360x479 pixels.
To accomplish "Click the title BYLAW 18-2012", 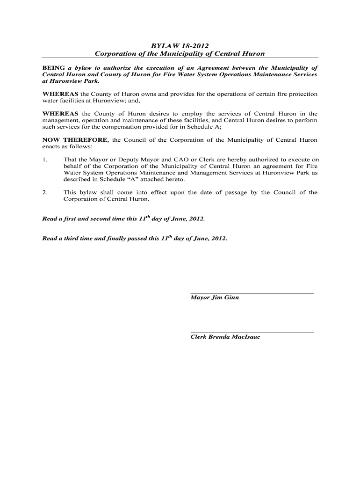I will [x=180, y=45].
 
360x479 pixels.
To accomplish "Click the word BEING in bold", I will [x=53, y=68].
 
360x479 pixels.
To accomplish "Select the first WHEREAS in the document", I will [x=60, y=94].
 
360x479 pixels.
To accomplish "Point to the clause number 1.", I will [x=45, y=160].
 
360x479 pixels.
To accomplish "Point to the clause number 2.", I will [x=45, y=192].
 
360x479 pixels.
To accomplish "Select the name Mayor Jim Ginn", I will [x=215, y=298].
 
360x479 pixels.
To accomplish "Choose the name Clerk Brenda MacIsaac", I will [x=225, y=337].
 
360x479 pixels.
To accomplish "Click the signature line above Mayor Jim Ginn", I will [x=252, y=293].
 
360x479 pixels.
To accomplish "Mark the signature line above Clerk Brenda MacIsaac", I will [x=252, y=332].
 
